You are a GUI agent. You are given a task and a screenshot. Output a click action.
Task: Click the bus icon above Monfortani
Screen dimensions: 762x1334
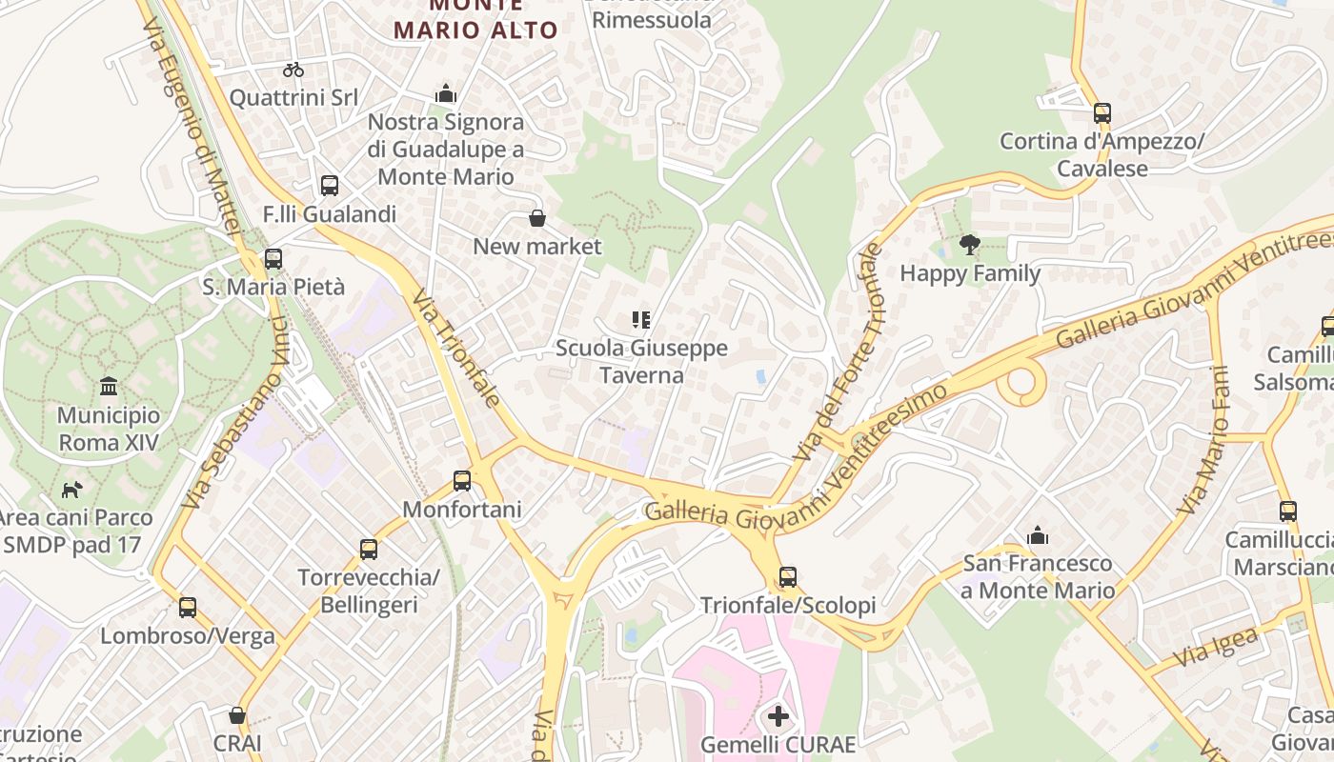point(462,481)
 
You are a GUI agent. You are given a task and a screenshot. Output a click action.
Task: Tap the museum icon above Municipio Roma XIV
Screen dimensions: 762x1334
point(109,387)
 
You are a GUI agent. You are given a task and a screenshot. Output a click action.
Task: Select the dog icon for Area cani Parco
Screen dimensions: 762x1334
point(72,490)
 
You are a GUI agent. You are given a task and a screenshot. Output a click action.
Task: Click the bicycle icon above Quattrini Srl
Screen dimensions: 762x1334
point(293,70)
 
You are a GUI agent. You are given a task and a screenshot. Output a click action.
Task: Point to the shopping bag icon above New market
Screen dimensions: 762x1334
point(537,219)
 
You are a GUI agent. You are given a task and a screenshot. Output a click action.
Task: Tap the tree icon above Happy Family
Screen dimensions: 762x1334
point(970,245)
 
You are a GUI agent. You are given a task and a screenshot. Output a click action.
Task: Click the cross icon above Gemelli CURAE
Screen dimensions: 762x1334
point(778,715)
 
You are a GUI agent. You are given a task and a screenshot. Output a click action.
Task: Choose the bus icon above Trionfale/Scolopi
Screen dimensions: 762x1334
point(787,576)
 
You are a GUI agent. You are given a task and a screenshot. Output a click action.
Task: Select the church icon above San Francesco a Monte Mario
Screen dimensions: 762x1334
point(1038,535)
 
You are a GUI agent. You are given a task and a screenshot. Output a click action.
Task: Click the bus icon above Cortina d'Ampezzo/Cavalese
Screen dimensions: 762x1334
point(1102,113)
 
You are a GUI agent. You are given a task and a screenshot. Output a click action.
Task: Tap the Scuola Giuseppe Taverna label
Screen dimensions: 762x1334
point(641,362)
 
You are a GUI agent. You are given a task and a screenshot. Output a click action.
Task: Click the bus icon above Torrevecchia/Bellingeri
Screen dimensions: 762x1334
point(369,549)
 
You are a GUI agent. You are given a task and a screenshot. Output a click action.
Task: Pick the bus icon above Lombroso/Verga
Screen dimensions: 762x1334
point(188,607)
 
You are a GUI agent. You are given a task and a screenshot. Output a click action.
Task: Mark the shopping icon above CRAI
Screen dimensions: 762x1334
point(237,714)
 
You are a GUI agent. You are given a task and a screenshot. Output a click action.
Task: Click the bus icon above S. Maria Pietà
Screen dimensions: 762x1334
point(273,258)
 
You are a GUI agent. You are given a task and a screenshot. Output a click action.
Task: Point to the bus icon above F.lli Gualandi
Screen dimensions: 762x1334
point(330,186)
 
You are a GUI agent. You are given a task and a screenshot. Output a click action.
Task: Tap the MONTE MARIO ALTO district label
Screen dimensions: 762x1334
point(475,21)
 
